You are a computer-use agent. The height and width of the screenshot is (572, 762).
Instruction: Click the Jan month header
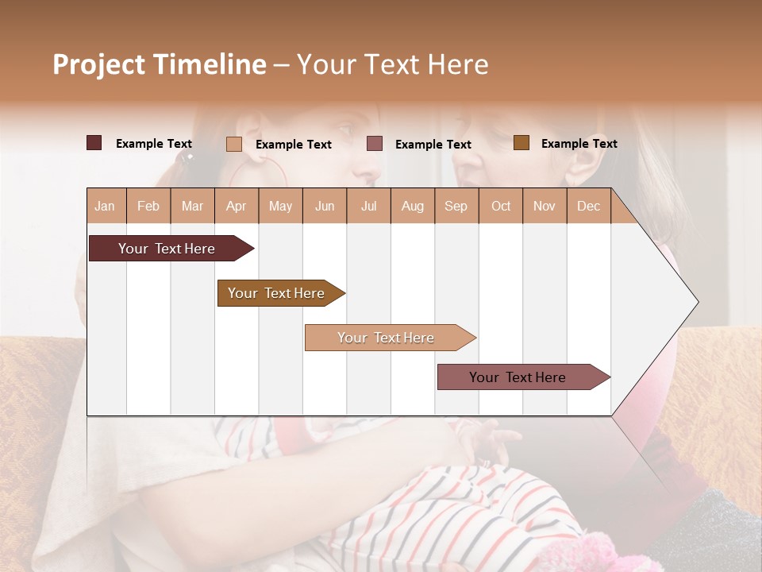pyautogui.click(x=106, y=206)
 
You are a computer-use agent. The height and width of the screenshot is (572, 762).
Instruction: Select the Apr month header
pyautogui.click(x=237, y=206)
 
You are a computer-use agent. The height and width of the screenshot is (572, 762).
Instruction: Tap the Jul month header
pyautogui.click(x=368, y=206)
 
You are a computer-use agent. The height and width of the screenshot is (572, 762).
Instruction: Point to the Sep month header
pyautogui.click(x=456, y=206)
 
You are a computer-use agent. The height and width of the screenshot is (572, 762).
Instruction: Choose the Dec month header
pyautogui.click(x=588, y=206)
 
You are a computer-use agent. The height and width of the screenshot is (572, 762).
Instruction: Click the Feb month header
pyautogui.click(x=148, y=206)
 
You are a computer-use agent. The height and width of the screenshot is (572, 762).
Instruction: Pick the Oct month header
pyautogui.click(x=501, y=206)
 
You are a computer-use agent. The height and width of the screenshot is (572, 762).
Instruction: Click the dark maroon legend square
pyautogui.click(x=94, y=143)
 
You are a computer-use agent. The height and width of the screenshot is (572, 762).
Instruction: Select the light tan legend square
pyautogui.click(x=234, y=144)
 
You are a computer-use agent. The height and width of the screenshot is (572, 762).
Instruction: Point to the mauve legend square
pyautogui.click(x=375, y=144)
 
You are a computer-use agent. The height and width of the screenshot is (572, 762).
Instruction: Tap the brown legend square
pyautogui.click(x=521, y=143)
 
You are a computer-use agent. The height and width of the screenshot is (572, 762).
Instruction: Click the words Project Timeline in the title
pyautogui.click(x=160, y=64)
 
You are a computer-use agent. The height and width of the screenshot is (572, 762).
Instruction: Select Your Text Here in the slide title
pyautogui.click(x=392, y=64)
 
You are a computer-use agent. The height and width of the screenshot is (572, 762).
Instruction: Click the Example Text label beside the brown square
pyautogui.click(x=579, y=144)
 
